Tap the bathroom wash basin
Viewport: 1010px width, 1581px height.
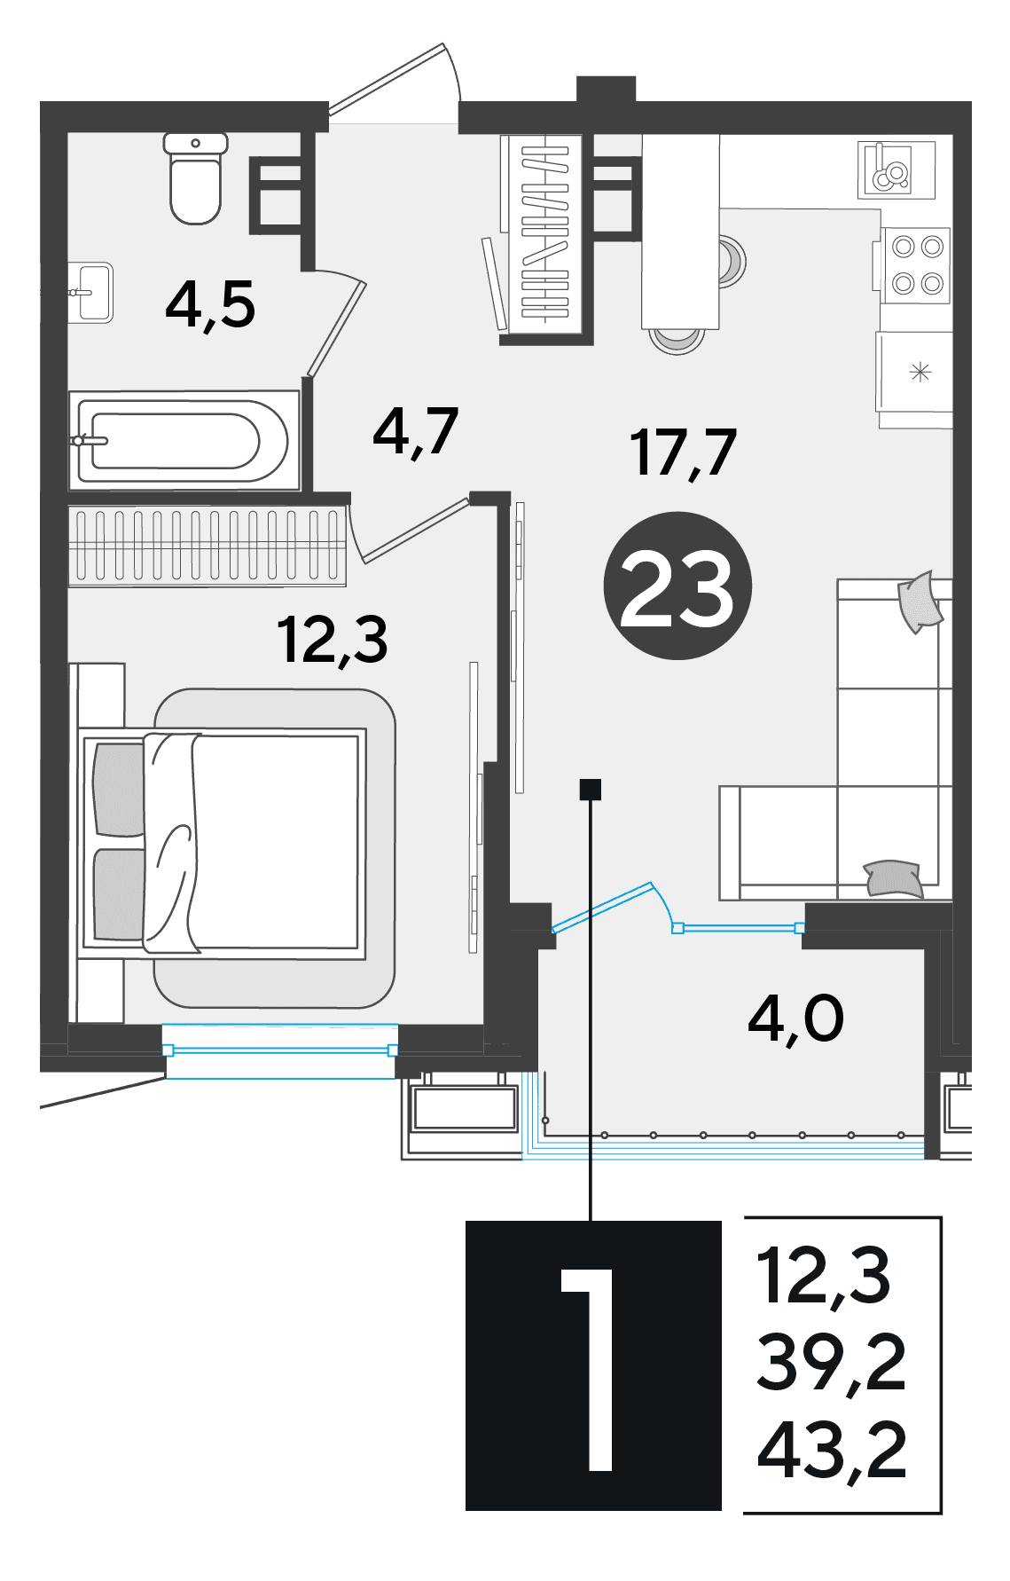pyautogui.click(x=92, y=292)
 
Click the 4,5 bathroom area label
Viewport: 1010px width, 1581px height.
pyautogui.click(x=210, y=305)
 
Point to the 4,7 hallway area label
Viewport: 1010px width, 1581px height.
pyautogui.click(x=415, y=432)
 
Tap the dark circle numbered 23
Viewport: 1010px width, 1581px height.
pyautogui.click(x=677, y=586)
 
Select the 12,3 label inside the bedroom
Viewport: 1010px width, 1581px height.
pyautogui.click(x=333, y=640)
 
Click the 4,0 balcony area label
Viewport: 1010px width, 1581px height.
pyautogui.click(x=795, y=1018)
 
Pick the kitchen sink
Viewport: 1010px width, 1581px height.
pyautogui.click(x=896, y=169)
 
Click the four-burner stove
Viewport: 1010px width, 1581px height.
pyautogui.click(x=916, y=265)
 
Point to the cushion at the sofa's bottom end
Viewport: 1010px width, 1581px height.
pyautogui.click(x=894, y=878)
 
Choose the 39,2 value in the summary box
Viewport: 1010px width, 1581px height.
pyautogui.click(x=832, y=1363)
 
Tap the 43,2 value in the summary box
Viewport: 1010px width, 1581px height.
pyautogui.click(x=832, y=1451)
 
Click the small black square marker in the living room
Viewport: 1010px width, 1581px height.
pyautogui.click(x=591, y=789)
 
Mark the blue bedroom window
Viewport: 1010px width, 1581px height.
pyautogui.click(x=280, y=1051)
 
